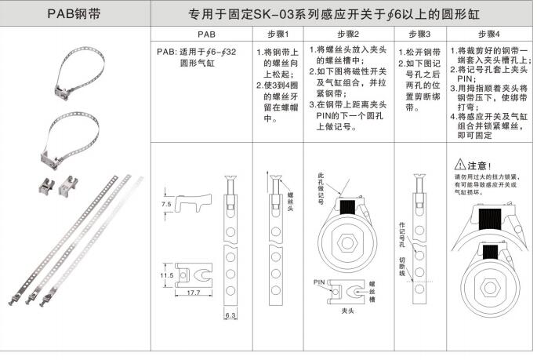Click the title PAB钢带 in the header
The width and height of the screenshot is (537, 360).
tap(74, 13)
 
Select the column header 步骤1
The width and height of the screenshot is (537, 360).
tap(278, 35)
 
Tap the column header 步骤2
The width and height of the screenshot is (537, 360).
tap(348, 35)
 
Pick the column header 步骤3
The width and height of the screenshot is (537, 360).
tap(419, 35)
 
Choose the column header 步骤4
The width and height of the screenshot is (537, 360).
tap(489, 35)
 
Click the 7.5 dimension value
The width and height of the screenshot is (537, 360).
tap(166, 204)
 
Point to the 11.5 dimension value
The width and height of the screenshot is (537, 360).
tap(167, 275)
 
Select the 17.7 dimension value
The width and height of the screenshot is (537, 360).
tap(194, 293)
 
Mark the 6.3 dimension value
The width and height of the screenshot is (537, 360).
tap(230, 315)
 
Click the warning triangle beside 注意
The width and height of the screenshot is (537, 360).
tap(459, 165)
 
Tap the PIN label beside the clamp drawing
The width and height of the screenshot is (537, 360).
tap(319, 282)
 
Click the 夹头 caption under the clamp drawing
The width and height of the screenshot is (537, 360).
tap(347, 311)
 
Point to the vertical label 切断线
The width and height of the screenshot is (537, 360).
tap(402, 267)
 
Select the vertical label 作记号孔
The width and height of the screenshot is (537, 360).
tap(402, 235)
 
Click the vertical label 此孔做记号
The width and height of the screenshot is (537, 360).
tap(321, 189)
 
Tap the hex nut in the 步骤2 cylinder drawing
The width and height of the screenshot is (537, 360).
tap(347, 243)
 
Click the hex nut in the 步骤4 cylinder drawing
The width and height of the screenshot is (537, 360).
tap(489, 288)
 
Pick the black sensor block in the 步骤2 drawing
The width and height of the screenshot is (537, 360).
tap(347, 207)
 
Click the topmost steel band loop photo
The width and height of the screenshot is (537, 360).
tap(79, 74)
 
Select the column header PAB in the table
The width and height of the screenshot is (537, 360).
tap(206, 35)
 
